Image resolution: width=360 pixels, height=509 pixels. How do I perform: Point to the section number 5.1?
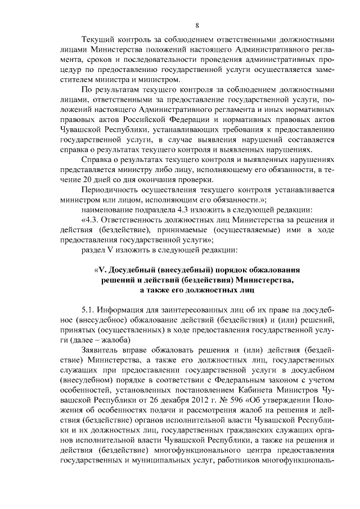click(x=88, y=310)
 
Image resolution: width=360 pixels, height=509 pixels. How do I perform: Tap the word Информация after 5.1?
click(x=123, y=310)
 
